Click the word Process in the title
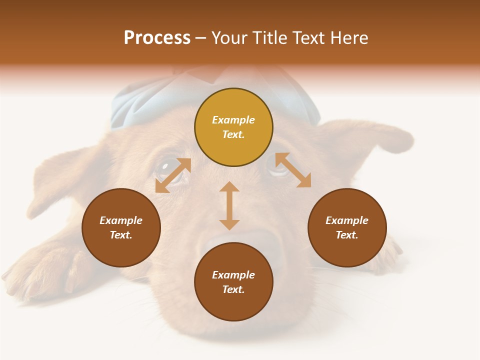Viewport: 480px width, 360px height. point(157,38)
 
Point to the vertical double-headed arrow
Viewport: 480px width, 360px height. point(229,205)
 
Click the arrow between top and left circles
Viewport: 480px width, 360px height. point(173,175)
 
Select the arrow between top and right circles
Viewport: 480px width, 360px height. point(293,170)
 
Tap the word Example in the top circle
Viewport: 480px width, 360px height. point(233,120)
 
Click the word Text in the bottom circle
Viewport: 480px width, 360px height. point(233,289)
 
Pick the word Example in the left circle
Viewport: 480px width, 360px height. point(121,220)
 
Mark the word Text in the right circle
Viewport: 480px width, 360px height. point(347,235)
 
